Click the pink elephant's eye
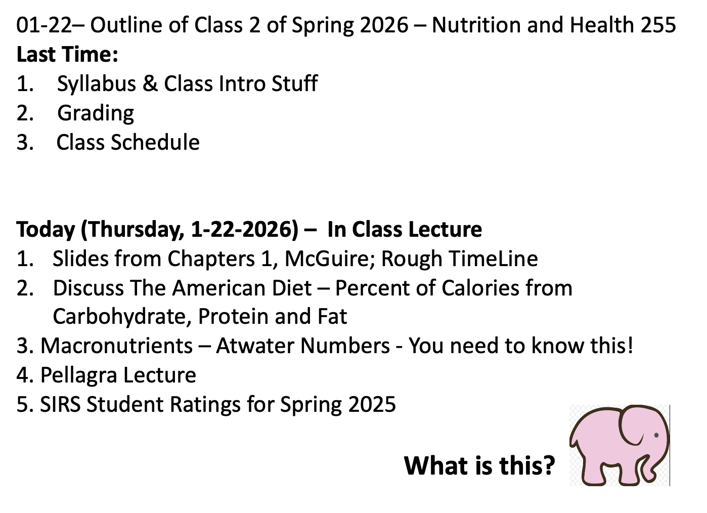656,435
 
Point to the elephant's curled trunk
657,467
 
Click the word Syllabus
96,84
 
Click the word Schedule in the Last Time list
155,142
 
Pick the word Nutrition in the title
476,25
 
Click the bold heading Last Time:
67,54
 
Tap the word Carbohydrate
122,317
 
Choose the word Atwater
255,346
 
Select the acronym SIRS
60,404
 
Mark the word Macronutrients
116,346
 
